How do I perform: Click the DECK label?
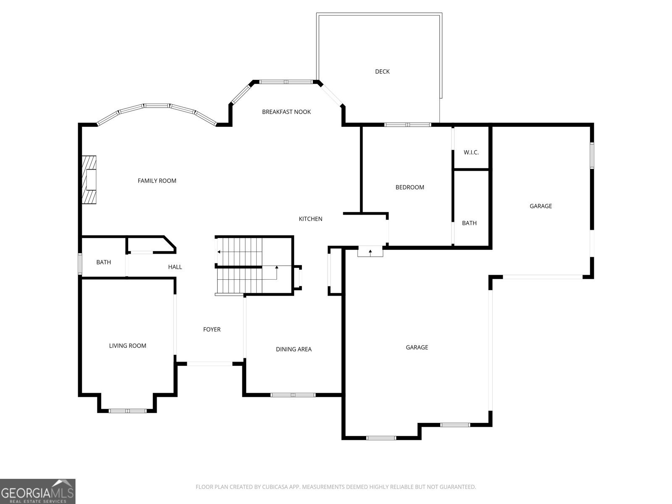coord(382,71)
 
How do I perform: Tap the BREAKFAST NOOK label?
coord(286,112)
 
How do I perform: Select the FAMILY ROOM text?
coord(157,181)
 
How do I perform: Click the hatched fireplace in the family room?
coord(89,180)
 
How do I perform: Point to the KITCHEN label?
coord(310,219)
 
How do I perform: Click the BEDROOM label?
coord(409,187)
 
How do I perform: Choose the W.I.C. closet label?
coord(471,152)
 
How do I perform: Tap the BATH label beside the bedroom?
coord(469,223)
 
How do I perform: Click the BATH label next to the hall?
coord(103,262)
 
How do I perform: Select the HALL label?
coord(175,267)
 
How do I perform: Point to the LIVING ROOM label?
coord(127,346)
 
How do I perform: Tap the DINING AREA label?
coord(294,349)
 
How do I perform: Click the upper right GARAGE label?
coord(541,206)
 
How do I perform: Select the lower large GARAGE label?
coord(417,347)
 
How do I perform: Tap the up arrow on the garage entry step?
coord(370,252)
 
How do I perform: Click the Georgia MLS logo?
coord(38,491)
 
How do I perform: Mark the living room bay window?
coord(128,411)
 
